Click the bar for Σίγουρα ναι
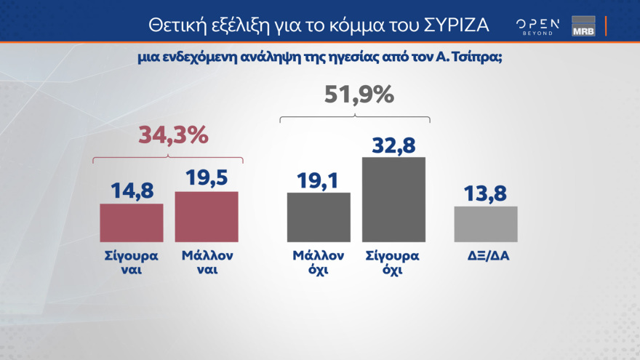(131, 223)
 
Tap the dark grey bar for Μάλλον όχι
(319, 217)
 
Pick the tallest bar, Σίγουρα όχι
(393, 199)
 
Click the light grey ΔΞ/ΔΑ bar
(486, 224)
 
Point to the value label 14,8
(131, 191)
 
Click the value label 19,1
(319, 179)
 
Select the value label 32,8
(393, 145)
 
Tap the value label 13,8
(486, 193)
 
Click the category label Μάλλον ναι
(208, 263)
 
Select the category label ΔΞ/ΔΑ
(486, 257)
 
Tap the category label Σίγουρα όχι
(393, 263)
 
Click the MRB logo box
(583, 25)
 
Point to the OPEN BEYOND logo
(537, 26)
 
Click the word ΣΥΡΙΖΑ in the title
(456, 25)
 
